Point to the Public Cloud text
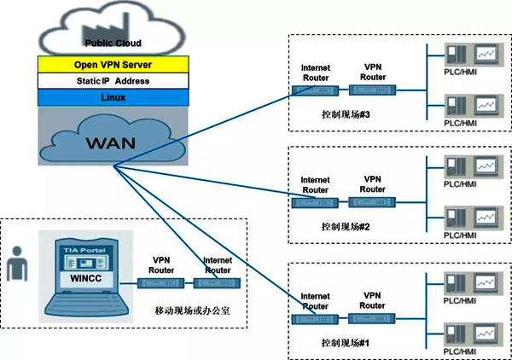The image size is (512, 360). tap(111, 41)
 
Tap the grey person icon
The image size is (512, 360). tap(18, 264)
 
